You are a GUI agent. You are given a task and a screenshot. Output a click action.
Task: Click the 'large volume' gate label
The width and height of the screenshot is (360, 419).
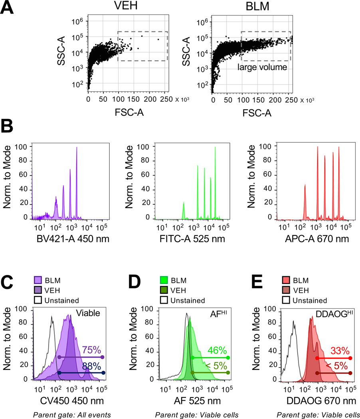(263, 67)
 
